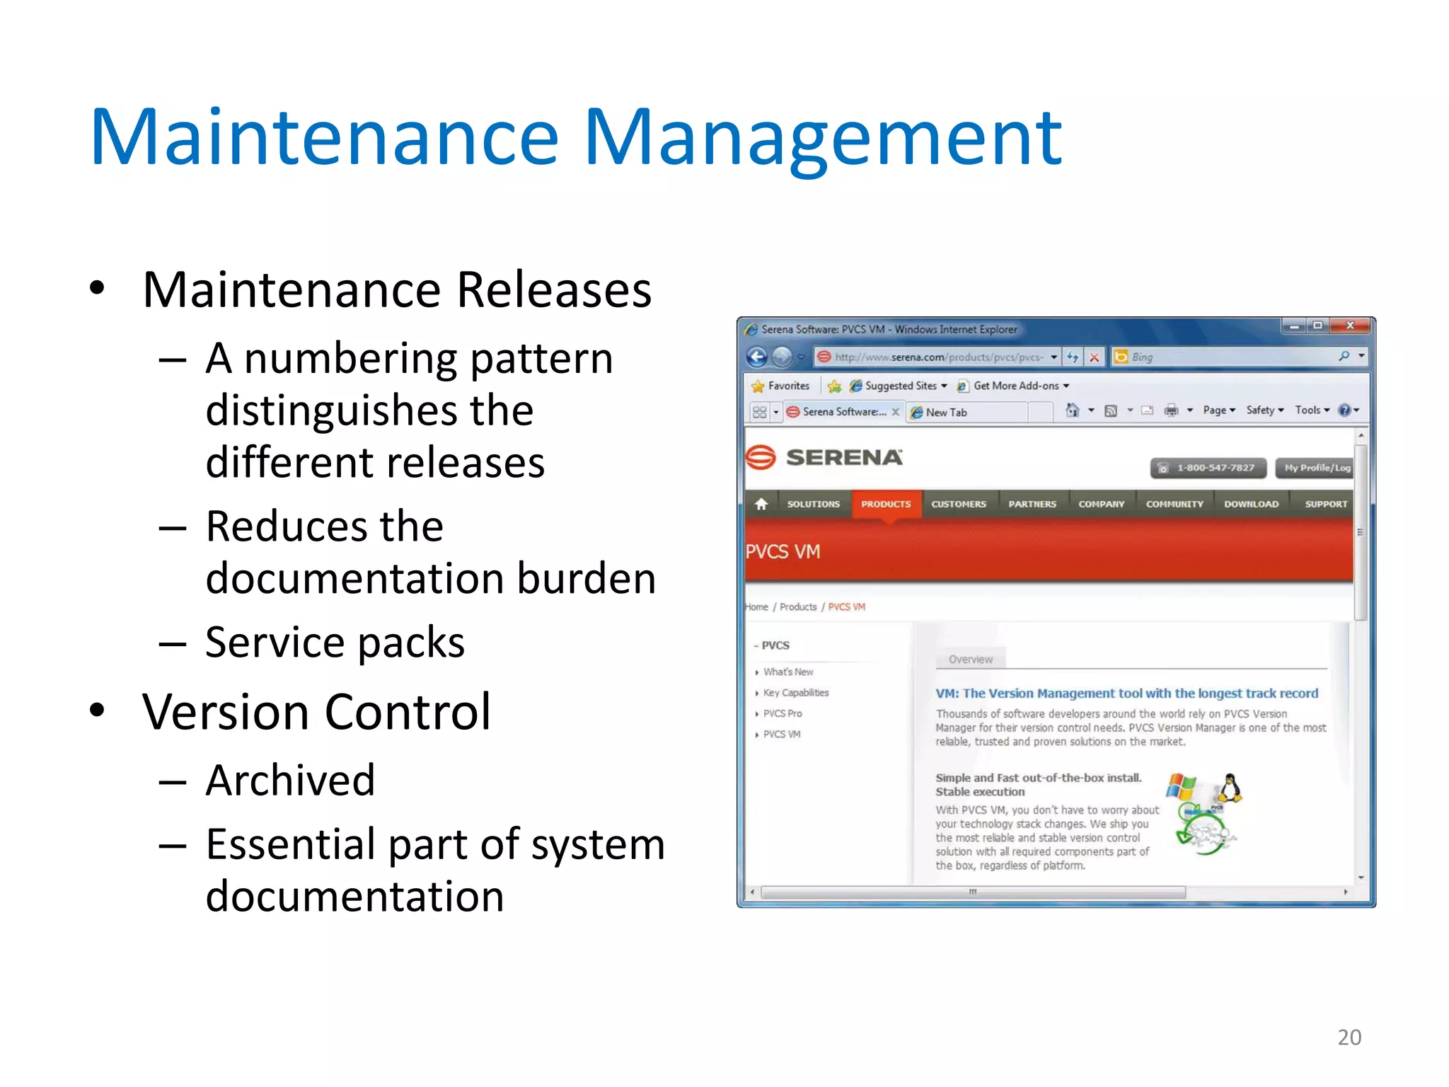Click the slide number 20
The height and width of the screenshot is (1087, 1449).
tap(1349, 1037)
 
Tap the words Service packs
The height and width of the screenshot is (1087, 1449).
tap(335, 643)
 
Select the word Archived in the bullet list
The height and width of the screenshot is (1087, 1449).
tap(290, 780)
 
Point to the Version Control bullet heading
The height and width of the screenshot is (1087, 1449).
tap(316, 712)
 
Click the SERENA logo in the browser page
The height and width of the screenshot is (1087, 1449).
tap(824, 457)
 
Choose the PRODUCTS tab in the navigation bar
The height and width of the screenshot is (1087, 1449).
tap(886, 504)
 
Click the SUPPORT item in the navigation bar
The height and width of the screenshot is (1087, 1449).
tap(1326, 504)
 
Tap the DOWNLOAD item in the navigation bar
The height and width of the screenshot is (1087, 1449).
tap(1251, 504)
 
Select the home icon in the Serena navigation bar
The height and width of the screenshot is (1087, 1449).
tap(761, 504)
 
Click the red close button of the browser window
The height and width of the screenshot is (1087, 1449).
tap(1350, 326)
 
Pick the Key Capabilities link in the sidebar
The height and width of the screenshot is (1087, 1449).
tap(796, 693)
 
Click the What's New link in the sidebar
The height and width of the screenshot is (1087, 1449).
tap(788, 672)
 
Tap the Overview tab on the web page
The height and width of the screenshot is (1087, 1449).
tap(970, 659)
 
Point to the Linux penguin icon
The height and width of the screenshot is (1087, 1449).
tap(1231, 788)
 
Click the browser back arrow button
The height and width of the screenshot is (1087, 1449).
tap(757, 357)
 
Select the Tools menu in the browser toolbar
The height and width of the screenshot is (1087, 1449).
tap(1311, 410)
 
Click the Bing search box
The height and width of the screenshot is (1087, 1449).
tap(1231, 357)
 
